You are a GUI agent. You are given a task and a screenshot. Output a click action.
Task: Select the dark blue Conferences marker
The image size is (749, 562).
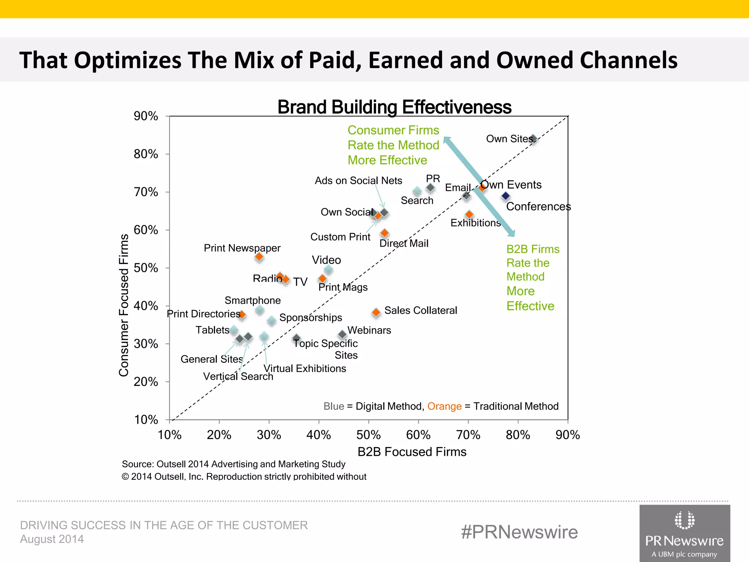[505, 196]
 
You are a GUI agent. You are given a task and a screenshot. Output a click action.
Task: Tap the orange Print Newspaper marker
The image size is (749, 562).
[259, 257]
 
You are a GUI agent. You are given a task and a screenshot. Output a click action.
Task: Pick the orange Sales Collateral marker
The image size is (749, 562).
[376, 312]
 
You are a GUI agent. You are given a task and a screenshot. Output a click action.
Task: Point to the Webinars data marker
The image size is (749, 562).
[342, 334]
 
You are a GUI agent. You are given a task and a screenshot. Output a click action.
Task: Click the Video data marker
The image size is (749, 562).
[328, 270]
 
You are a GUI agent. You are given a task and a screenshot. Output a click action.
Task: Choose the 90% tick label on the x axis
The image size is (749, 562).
[568, 435]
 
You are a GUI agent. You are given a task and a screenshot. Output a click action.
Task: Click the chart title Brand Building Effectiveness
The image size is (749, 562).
[394, 107]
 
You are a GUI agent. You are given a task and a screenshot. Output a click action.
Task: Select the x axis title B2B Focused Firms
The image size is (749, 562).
[412, 452]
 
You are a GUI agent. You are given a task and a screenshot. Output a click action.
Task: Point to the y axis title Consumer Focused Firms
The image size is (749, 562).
[124, 305]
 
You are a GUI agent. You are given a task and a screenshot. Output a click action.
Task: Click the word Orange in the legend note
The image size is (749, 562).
[444, 406]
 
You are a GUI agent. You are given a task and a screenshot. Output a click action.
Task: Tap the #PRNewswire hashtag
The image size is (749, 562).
[519, 532]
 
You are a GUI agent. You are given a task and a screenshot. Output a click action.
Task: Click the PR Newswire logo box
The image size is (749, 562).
[685, 533]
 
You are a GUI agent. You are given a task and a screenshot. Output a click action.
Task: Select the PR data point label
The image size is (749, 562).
[433, 179]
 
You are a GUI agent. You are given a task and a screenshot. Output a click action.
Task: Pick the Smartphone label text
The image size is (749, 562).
[253, 300]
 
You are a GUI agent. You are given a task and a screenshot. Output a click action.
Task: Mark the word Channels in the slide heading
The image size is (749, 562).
[629, 60]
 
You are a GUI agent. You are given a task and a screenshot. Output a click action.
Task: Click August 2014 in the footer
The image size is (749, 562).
[52, 539]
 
